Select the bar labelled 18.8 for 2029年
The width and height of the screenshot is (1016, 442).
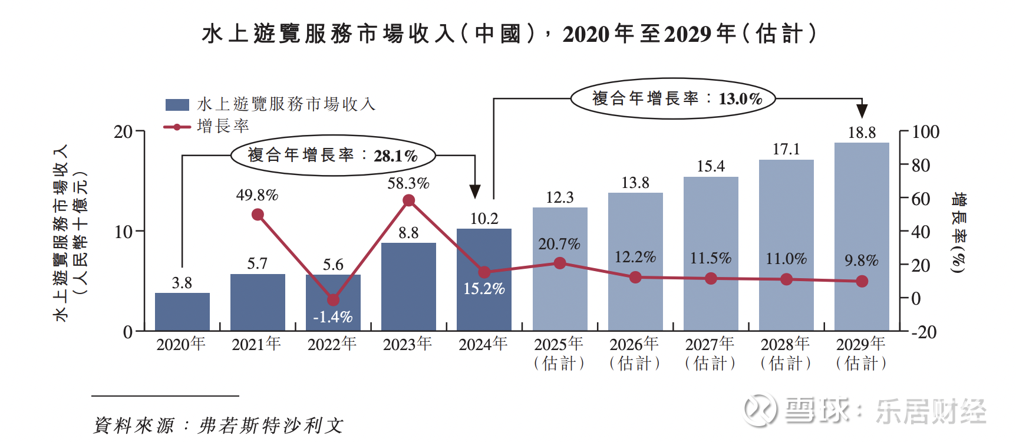pyautogui.click(x=862, y=236)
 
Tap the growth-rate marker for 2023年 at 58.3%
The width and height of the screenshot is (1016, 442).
pyautogui.click(x=408, y=201)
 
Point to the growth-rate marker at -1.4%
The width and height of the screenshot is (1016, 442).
pyautogui.click(x=333, y=300)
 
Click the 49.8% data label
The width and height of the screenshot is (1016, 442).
pyautogui.click(x=257, y=195)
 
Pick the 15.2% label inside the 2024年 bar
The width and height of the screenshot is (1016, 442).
pyautogui.click(x=484, y=289)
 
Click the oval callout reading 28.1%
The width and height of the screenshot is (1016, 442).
pyautogui.click(x=333, y=156)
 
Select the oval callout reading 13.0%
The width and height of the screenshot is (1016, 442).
pyautogui.click(x=673, y=99)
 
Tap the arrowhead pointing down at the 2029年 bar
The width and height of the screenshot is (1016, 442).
pyautogui.click(x=862, y=111)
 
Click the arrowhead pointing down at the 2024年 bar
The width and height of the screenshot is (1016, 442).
pyautogui.click(x=475, y=191)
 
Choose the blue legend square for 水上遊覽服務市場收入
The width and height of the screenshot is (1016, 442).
pyautogui.click(x=177, y=105)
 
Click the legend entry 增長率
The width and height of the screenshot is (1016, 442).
pyautogui.click(x=223, y=126)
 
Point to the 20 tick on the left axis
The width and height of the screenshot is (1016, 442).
pyautogui.click(x=123, y=131)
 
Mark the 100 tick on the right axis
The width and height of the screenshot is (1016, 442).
pyautogui.click(x=925, y=132)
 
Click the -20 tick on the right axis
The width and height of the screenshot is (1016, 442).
pyautogui.click(x=923, y=332)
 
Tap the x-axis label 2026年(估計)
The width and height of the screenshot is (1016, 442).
pyautogui.click(x=635, y=353)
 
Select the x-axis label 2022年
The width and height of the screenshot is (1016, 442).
pyautogui.click(x=332, y=344)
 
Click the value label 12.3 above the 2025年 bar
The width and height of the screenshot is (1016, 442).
pyautogui.click(x=559, y=197)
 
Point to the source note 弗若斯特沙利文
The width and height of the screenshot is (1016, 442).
pyautogui.click(x=271, y=425)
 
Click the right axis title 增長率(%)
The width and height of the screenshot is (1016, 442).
pyautogui.click(x=959, y=232)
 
